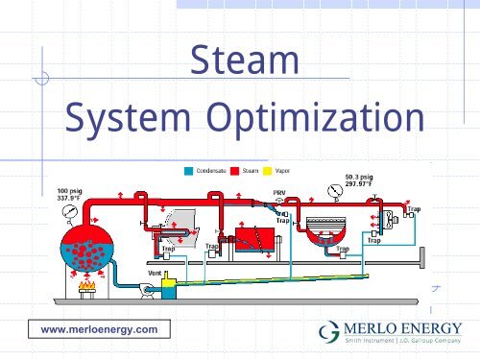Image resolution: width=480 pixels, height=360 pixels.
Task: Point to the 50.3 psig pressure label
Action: pos(359,178)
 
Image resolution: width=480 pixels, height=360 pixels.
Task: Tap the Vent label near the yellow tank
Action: pos(154,273)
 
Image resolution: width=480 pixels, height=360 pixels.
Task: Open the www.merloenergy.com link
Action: pos(93,329)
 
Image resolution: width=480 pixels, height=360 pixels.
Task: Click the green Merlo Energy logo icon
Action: pos(328,330)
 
